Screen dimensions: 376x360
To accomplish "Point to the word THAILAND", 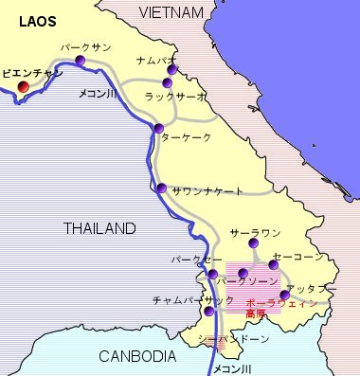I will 99,228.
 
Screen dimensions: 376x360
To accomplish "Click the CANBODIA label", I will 138,356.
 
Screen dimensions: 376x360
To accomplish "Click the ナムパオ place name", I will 153,58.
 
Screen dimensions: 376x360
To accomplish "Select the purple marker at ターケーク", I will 158,128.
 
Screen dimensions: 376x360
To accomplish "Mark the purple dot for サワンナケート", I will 162,188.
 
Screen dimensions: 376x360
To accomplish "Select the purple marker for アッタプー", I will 284,295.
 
